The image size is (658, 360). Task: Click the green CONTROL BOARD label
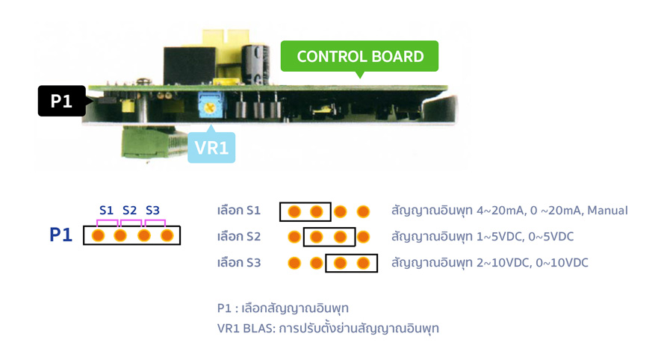[359, 56]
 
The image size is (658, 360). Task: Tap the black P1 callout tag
[62, 101]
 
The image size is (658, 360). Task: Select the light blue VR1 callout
[211, 147]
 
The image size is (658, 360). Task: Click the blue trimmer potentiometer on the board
[210, 106]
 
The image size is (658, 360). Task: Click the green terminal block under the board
[153, 143]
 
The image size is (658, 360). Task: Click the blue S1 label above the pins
[106, 210]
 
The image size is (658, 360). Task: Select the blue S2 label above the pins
[130, 210]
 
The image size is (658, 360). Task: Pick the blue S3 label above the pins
[153, 210]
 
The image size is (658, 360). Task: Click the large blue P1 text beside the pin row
[60, 235]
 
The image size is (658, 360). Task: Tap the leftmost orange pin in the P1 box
[98, 235]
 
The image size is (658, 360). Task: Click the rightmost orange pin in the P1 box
[167, 235]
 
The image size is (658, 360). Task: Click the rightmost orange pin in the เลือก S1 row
[363, 211]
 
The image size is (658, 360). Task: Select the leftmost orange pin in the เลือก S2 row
[294, 237]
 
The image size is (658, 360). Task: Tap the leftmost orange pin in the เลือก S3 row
[294, 263]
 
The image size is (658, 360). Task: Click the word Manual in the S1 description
[607, 210]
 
